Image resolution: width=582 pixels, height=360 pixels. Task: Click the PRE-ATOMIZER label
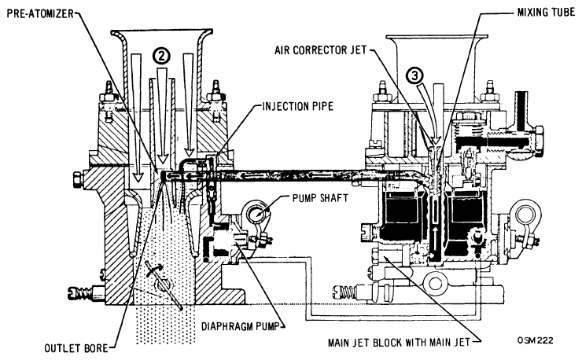40,14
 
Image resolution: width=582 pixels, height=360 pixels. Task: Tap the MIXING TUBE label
546,13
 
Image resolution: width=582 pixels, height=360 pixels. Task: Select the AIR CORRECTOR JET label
321,50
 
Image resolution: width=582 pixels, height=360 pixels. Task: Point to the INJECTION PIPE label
297,107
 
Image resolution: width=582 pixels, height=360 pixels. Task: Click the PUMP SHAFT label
320,198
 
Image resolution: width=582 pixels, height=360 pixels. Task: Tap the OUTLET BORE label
76,348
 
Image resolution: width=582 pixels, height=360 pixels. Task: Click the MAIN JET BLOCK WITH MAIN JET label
399,343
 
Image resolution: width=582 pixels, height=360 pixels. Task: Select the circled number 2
161,57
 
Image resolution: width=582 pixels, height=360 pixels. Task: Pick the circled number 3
414,75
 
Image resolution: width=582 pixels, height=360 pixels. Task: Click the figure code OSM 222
536,340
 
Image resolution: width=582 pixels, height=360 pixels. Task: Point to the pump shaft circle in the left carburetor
256,214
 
